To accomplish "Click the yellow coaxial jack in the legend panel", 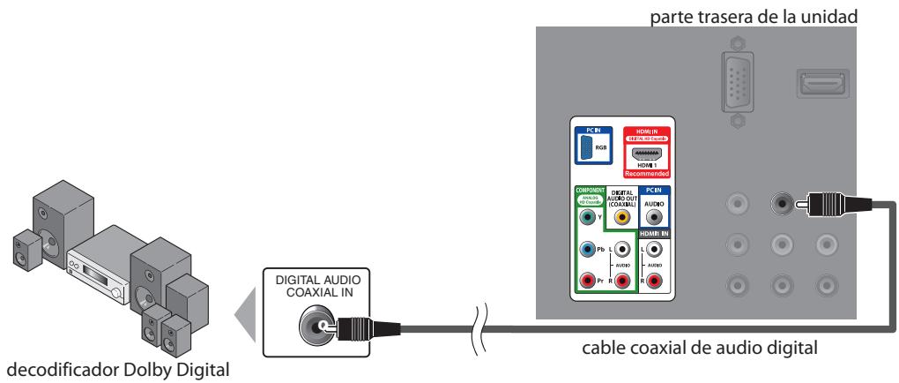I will point(623,214).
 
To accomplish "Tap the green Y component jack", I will point(585,214).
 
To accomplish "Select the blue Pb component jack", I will point(585,251).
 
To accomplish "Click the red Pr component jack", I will point(585,282).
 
